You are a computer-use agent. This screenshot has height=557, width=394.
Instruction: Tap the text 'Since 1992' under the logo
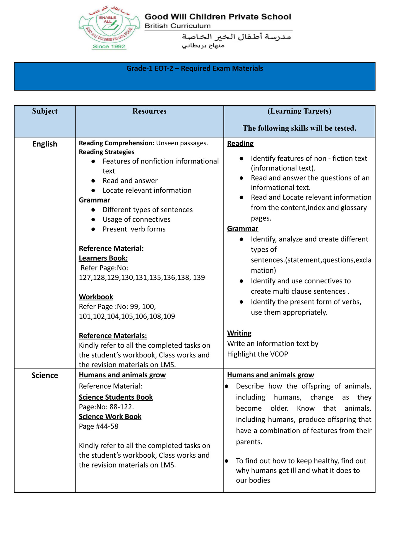[x=109, y=47]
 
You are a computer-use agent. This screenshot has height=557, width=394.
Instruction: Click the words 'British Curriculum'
[x=177, y=26]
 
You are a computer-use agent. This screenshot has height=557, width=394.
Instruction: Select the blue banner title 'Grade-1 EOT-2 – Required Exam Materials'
[x=195, y=69]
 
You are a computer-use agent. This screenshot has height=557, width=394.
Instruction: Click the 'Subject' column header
[x=45, y=111]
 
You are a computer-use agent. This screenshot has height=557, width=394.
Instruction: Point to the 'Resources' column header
[x=149, y=111]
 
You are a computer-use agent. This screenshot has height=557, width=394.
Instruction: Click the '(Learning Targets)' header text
[x=299, y=111]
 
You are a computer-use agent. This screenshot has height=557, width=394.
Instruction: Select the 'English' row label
[x=45, y=144]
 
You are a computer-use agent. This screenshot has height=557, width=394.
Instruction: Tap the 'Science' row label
[x=45, y=375]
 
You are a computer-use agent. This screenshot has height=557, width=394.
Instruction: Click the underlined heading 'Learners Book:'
[x=103, y=258]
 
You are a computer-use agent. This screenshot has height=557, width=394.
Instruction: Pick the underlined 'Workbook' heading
[x=96, y=297]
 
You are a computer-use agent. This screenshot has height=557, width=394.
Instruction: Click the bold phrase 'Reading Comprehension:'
[x=116, y=143]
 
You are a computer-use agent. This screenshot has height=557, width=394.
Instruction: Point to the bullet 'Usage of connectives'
[x=136, y=219]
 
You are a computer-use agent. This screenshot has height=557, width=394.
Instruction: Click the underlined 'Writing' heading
[x=239, y=333]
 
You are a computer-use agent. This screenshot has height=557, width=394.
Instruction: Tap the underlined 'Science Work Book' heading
[x=110, y=417]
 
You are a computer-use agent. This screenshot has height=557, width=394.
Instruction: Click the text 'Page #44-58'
[x=99, y=426]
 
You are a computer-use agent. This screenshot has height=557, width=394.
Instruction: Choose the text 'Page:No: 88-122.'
[x=106, y=407]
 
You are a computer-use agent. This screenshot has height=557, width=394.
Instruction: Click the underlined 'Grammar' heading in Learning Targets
[x=243, y=229]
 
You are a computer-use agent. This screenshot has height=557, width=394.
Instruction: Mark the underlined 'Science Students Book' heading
[x=116, y=397]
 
